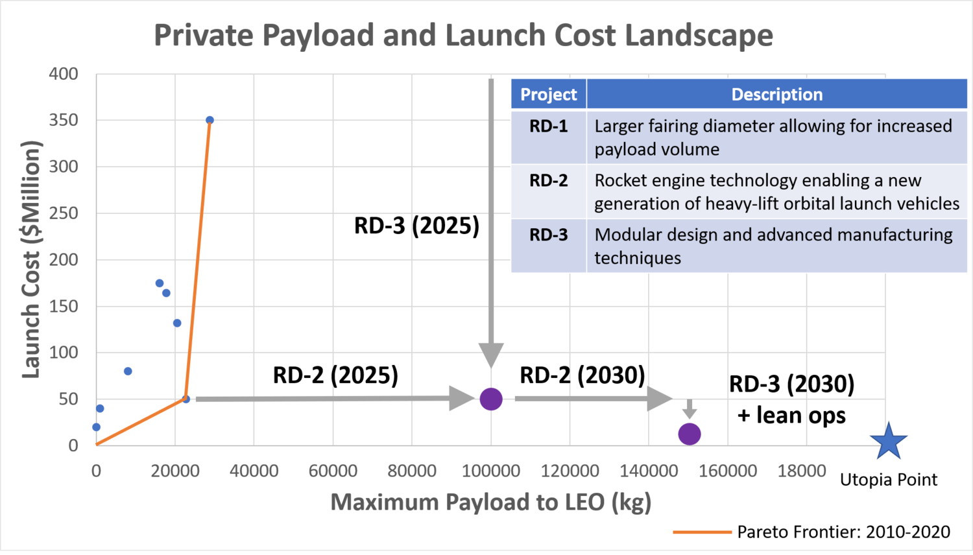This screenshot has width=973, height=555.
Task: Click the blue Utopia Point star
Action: pos(888,442)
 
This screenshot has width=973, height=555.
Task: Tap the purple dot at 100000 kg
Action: pos(491,399)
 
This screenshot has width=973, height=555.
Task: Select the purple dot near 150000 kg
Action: pos(689,434)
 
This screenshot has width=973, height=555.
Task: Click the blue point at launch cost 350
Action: pos(210,120)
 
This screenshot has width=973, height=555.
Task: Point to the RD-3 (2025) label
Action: pos(416,226)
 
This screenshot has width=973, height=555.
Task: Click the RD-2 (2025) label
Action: pos(335,375)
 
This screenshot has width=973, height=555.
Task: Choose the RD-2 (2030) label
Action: pos(582,375)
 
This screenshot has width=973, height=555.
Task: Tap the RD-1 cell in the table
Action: pos(548,126)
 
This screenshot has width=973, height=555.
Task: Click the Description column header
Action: pos(776,94)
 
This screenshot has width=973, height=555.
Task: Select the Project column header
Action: pos(548,94)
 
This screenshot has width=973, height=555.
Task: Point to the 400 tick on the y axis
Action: pos(64,74)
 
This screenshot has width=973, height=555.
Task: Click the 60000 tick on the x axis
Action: pos(333,471)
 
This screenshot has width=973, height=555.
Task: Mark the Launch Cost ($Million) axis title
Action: pos(31,259)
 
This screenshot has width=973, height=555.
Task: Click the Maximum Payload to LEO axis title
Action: pos(490,502)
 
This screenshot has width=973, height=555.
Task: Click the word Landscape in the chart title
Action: pos(699,35)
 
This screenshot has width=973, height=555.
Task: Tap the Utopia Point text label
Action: pos(888,480)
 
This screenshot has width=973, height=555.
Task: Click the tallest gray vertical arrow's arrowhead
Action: pos(491,355)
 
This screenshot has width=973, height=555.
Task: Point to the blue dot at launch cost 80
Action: pos(128,372)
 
